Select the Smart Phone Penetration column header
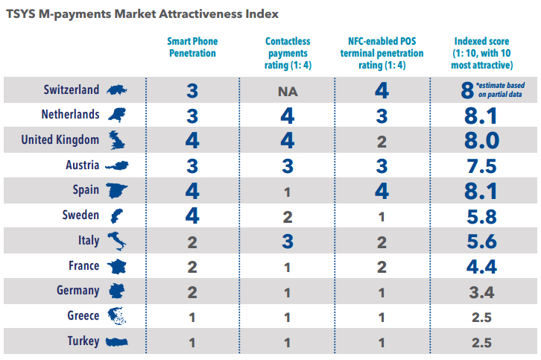[x=192, y=48]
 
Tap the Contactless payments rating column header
[x=288, y=53]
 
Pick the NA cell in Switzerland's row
[x=288, y=91]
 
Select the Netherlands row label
[x=71, y=115]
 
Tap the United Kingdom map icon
[x=116, y=139]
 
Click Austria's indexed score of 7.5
[x=481, y=165]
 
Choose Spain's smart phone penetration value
[x=192, y=191]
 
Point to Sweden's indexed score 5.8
[x=481, y=216]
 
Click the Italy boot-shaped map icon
[x=116, y=241]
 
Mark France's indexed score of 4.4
[x=481, y=267]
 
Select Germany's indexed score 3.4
[x=481, y=292]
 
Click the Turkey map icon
[x=116, y=342]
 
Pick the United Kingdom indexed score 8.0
[x=481, y=140]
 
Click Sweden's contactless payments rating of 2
[x=288, y=216]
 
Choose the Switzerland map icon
[x=116, y=89]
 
